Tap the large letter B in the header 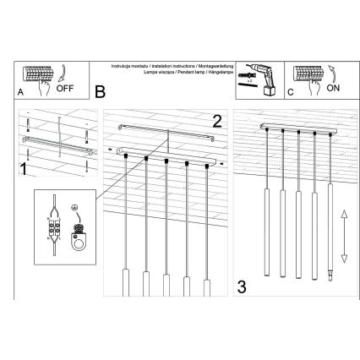(x=100, y=89)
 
